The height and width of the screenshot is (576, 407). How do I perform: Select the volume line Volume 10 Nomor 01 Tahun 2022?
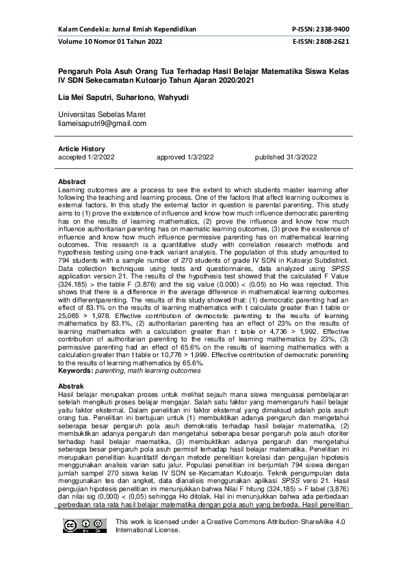point(110,42)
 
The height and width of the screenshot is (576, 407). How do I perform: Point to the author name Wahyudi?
point(174,98)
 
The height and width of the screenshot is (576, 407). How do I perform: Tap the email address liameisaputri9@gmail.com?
point(103,124)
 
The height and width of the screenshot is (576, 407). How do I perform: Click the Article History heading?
point(82,149)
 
